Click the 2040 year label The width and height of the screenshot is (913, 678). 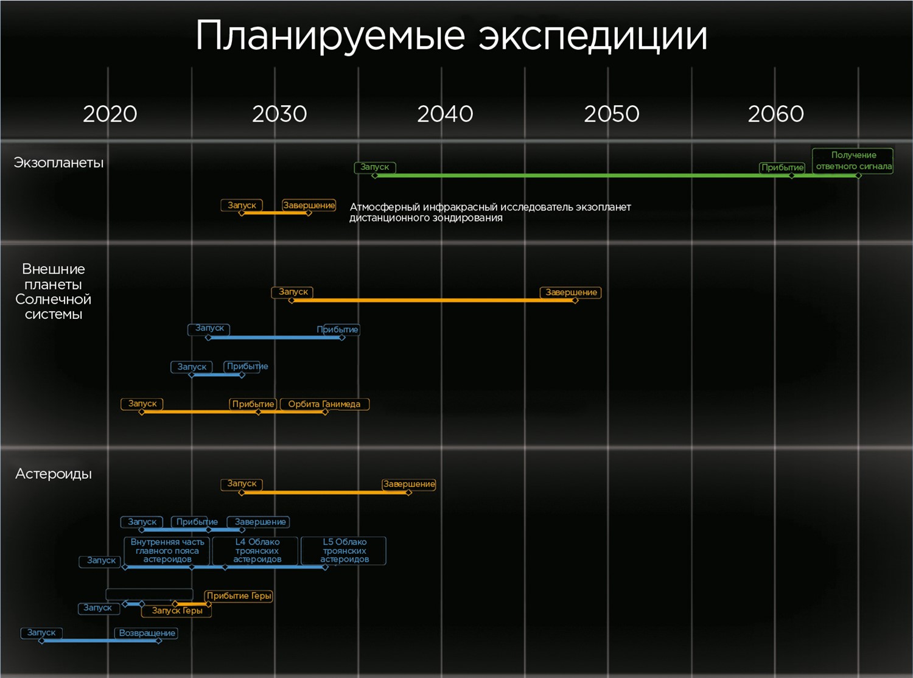coord(445,114)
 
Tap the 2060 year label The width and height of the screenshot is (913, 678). coord(776,114)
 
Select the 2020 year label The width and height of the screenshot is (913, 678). coord(110,114)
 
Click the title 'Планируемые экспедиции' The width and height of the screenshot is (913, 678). coord(451,37)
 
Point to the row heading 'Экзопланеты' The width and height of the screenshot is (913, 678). coord(58,163)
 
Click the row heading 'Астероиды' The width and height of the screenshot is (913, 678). coord(54,474)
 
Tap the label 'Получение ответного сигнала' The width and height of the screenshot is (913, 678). coord(853,161)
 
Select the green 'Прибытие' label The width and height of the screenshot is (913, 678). coord(782,167)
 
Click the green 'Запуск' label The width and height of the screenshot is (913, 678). coord(374,167)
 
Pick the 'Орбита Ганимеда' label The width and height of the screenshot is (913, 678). coord(324,404)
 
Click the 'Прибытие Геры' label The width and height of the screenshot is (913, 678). coord(239,596)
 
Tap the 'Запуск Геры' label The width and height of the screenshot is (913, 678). coord(177,610)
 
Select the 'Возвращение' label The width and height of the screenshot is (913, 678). coord(147,633)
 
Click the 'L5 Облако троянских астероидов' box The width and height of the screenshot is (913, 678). coord(344,550)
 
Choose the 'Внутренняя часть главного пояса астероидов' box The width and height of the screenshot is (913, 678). coord(167,550)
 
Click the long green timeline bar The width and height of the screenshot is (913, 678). coord(616,176)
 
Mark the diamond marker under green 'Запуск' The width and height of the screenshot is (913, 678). coord(374,176)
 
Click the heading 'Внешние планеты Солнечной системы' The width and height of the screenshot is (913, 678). coord(53,292)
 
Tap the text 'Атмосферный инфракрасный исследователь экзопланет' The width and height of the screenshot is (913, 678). coord(490,207)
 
